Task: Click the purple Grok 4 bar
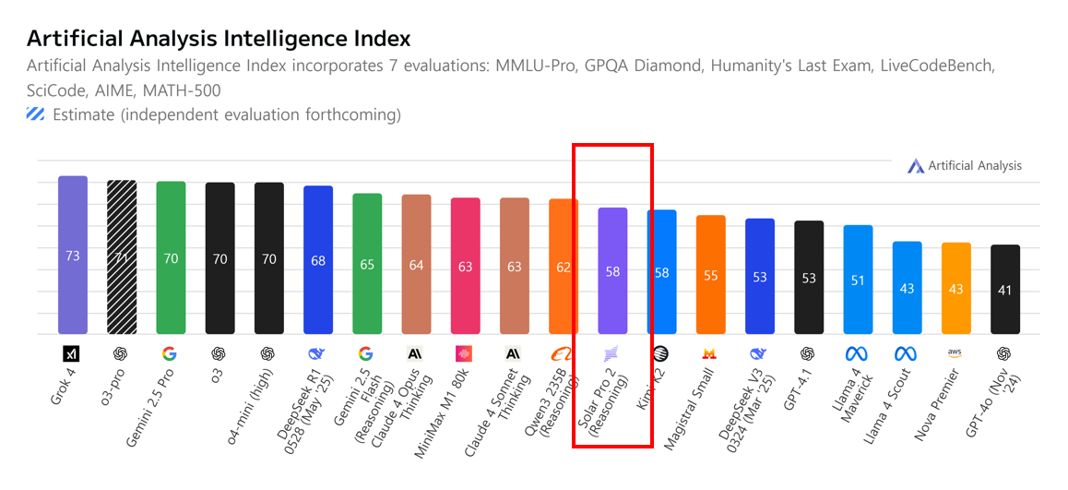(73, 254)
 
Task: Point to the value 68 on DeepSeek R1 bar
(318, 261)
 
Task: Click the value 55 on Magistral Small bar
(710, 275)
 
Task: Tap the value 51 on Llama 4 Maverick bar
(858, 281)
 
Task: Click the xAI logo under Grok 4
(72, 353)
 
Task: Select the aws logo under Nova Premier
(955, 353)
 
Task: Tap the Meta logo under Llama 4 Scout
(907, 353)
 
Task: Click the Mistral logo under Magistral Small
(710, 353)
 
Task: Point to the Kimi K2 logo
(660, 353)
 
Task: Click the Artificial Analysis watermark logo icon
(915, 166)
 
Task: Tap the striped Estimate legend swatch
(36, 115)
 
